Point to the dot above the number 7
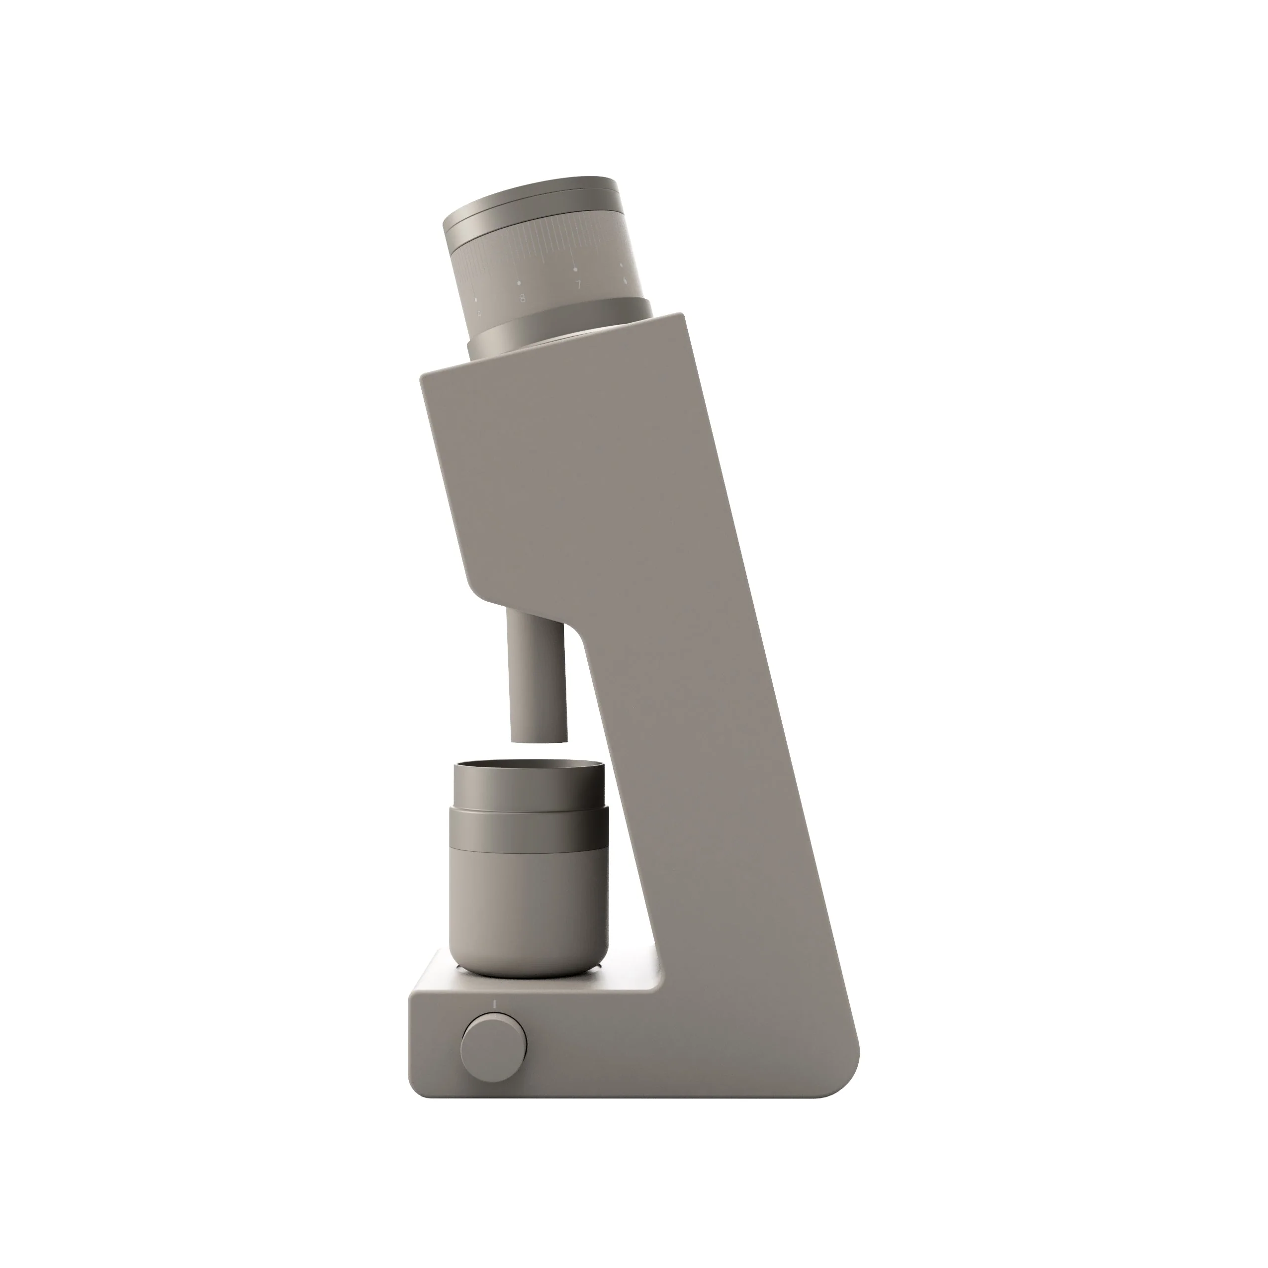(x=576, y=269)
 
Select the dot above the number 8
(x=519, y=283)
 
